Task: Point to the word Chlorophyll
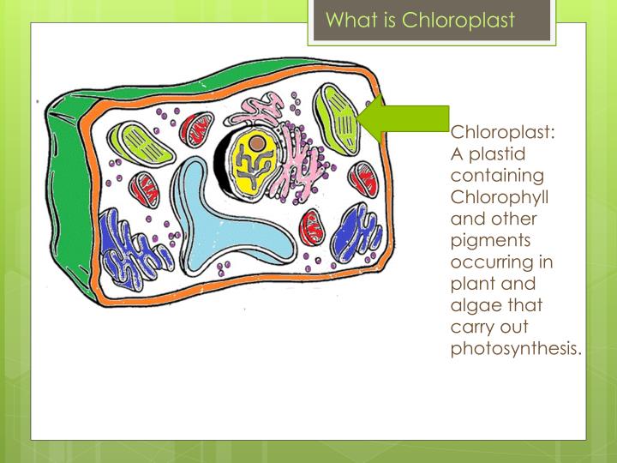[x=500, y=198]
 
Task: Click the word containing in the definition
[x=498, y=177]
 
